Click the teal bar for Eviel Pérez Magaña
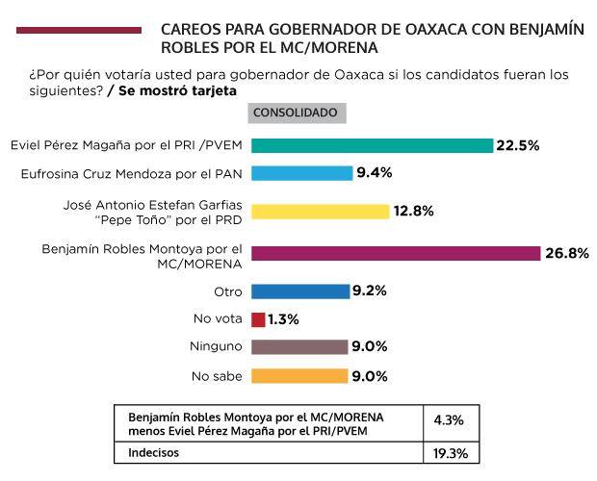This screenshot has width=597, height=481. [x=372, y=145]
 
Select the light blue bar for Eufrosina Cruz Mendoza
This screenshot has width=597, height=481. [x=301, y=173]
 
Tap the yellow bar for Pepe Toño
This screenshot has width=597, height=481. [x=320, y=212]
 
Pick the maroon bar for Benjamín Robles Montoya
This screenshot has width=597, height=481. [x=395, y=253]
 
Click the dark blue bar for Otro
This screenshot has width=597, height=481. [x=299, y=291]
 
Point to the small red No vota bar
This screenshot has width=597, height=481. [x=257, y=319]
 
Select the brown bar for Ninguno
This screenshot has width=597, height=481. [x=298, y=347]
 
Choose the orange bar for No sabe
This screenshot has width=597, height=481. [x=298, y=376]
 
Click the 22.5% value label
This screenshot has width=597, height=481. [x=517, y=145]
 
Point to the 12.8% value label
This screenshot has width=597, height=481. [x=414, y=212]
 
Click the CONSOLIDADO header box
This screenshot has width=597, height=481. [x=295, y=113]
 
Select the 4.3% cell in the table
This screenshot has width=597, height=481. [x=450, y=420]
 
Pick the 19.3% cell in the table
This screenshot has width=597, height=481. [x=450, y=450]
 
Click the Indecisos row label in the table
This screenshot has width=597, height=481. [x=155, y=450]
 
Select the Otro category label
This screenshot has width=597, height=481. [x=228, y=291]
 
